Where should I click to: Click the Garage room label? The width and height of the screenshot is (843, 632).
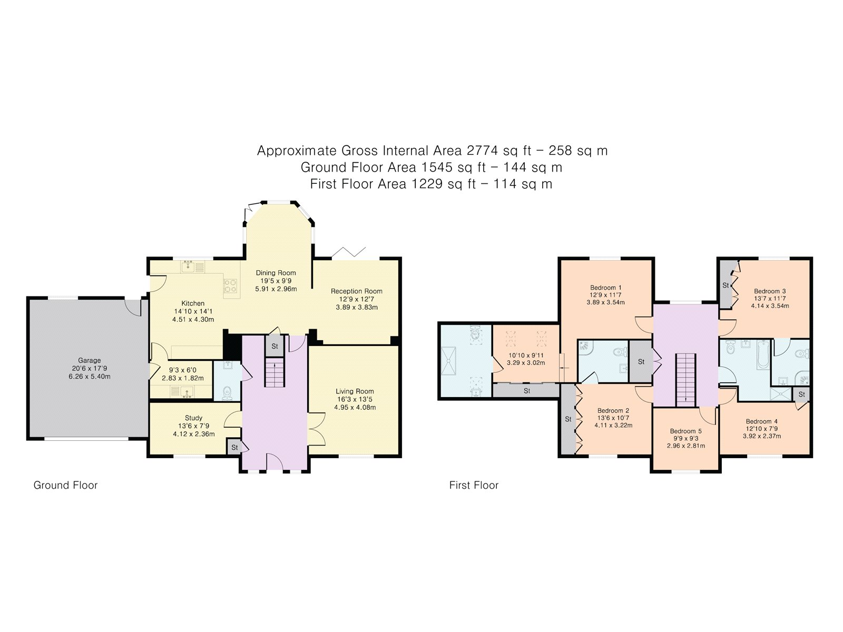click(89, 361)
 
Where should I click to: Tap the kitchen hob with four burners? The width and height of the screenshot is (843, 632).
click(231, 285)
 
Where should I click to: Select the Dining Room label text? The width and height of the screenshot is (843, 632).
click(276, 273)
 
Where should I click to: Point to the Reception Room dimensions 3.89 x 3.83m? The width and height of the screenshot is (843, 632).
click(357, 308)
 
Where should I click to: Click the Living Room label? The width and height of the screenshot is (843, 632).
click(355, 391)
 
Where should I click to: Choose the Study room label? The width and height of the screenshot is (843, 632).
click(193, 418)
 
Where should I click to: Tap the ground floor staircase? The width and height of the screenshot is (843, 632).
click(274, 371)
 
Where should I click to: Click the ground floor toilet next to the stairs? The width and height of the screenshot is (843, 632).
click(228, 392)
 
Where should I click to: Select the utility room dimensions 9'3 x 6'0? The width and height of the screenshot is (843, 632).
click(182, 370)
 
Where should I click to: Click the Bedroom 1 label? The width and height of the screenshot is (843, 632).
click(605, 288)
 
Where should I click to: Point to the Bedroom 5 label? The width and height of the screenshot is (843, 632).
click(685, 431)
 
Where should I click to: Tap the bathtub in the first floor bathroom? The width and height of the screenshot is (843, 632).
click(763, 354)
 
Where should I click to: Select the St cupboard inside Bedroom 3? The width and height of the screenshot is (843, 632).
click(726, 285)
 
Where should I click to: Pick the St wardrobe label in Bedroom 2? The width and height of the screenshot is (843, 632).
click(568, 419)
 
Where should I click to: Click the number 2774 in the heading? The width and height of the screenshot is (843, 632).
click(482, 151)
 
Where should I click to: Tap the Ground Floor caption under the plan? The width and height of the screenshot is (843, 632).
click(65, 485)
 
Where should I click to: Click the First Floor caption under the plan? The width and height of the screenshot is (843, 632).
click(474, 485)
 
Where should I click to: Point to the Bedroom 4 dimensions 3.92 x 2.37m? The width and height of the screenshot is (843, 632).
click(761, 436)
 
